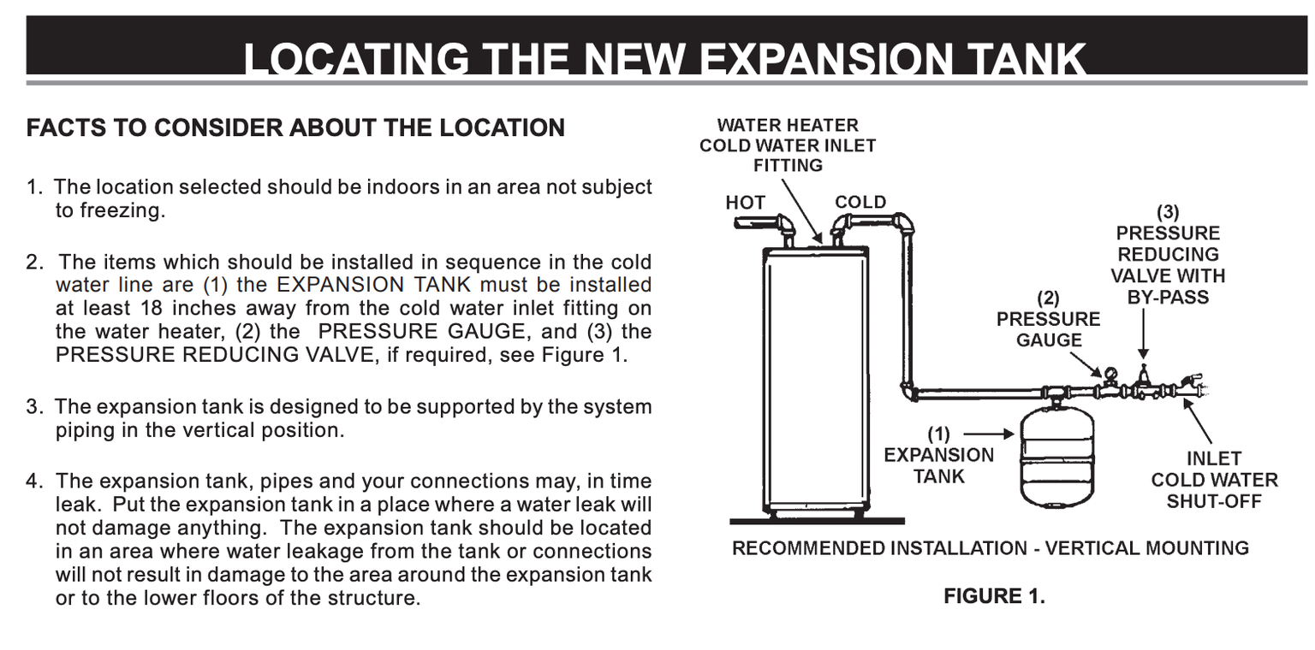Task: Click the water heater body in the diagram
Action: (x=816, y=381)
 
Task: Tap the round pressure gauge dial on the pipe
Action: (x=1111, y=374)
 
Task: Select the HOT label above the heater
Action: (x=745, y=203)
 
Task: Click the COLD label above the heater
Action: (x=860, y=203)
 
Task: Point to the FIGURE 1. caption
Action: (x=995, y=596)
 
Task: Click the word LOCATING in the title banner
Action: (x=356, y=59)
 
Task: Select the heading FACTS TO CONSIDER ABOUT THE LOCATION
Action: (x=295, y=128)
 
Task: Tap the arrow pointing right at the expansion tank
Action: (x=989, y=434)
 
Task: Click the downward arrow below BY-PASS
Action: (x=1143, y=334)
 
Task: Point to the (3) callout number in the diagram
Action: (x=1168, y=211)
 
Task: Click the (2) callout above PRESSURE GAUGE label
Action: (x=1049, y=298)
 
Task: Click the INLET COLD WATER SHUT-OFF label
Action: (x=1214, y=480)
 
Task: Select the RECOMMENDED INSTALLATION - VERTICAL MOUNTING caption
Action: (x=991, y=548)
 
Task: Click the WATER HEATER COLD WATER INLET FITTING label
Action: (x=788, y=145)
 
